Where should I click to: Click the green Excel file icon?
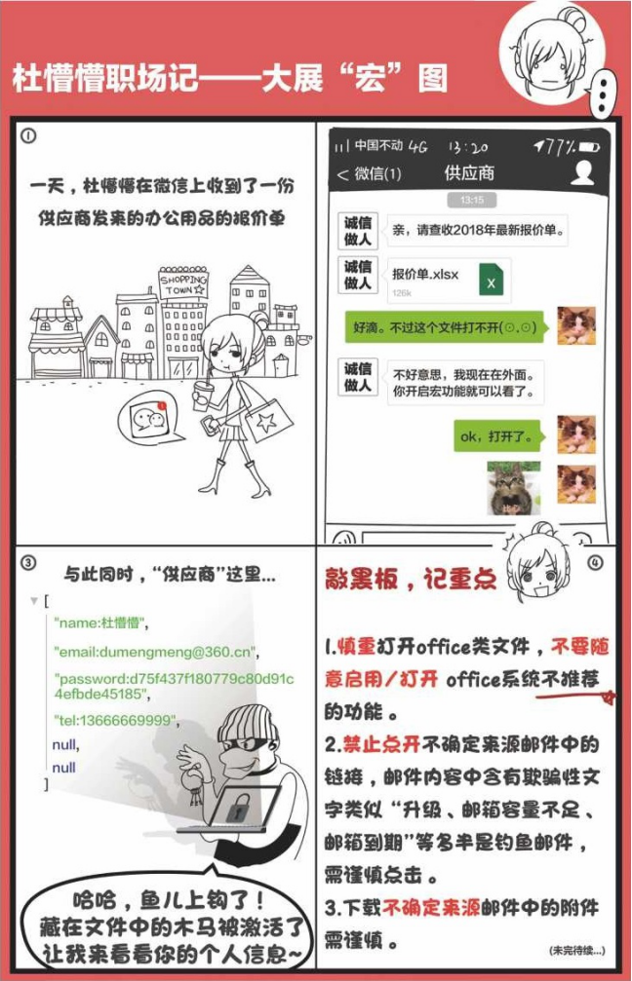click(x=492, y=280)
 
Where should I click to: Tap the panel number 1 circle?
click(x=28, y=135)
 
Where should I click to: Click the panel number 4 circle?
click(x=595, y=562)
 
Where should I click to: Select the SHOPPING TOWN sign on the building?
click(x=183, y=284)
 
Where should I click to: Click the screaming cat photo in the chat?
click(x=514, y=488)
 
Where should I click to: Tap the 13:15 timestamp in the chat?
click(x=471, y=201)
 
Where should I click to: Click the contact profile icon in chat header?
click(x=582, y=172)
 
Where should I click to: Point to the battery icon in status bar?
click(x=589, y=147)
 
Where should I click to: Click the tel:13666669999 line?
click(x=116, y=721)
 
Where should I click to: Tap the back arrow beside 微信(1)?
click(x=342, y=174)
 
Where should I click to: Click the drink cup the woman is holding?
click(x=202, y=396)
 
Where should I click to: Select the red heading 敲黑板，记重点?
click(x=411, y=579)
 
